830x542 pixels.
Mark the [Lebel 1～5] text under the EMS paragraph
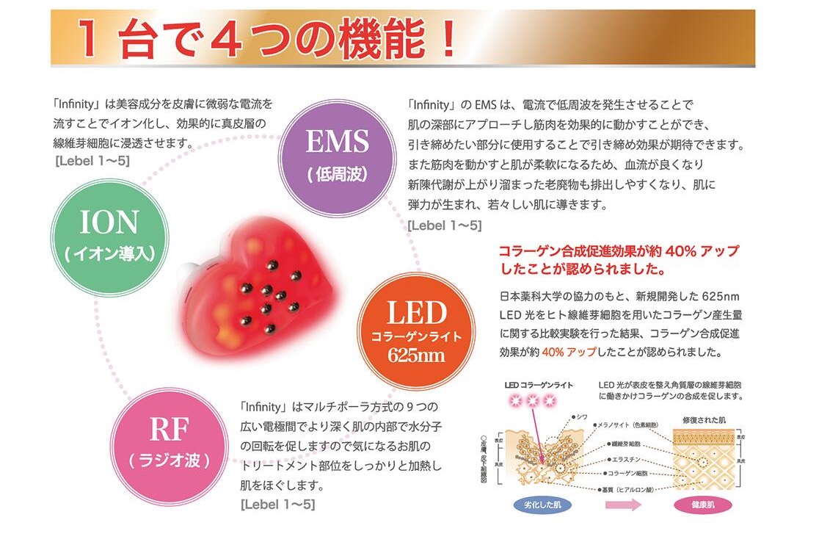tap(445, 225)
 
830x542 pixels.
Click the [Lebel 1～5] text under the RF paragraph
tap(277, 505)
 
